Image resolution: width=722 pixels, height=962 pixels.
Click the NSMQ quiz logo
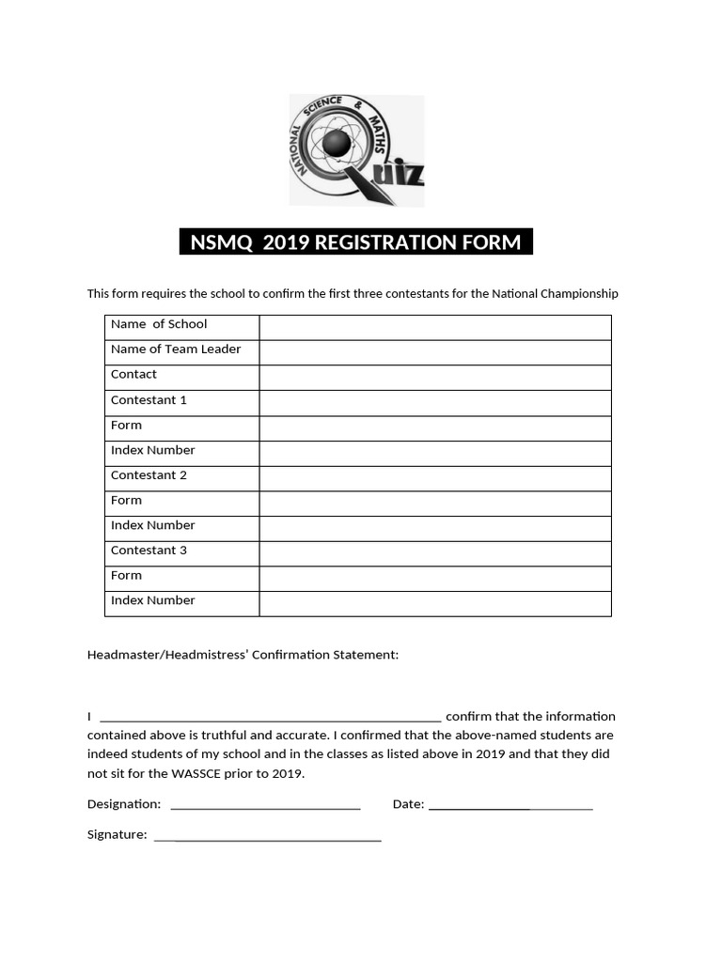(x=356, y=150)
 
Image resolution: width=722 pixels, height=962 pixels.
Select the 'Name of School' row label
(x=158, y=324)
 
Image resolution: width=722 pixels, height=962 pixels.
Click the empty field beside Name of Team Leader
(x=434, y=352)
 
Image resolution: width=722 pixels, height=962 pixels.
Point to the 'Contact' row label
(x=133, y=374)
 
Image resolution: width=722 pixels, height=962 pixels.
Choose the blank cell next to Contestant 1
(x=434, y=403)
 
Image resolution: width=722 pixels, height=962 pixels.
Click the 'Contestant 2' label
(x=149, y=475)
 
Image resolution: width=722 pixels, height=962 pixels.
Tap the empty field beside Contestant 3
(x=434, y=553)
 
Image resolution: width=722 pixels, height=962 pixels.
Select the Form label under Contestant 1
(x=126, y=425)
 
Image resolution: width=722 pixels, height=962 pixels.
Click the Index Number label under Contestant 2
(x=152, y=525)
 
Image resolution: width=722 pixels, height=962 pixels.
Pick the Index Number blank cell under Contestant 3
(x=434, y=603)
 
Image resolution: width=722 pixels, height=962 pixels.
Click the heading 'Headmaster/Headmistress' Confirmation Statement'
(x=243, y=655)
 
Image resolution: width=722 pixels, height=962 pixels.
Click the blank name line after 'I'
(x=270, y=717)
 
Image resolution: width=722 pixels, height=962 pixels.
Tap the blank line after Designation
(x=265, y=805)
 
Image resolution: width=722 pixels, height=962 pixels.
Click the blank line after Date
(x=510, y=805)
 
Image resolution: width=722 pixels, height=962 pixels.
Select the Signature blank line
(x=267, y=836)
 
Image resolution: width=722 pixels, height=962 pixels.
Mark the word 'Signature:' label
(x=117, y=834)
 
